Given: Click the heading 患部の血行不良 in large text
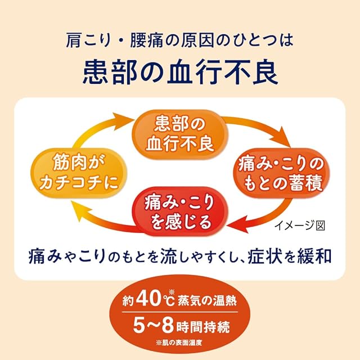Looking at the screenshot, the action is [x=179, y=71].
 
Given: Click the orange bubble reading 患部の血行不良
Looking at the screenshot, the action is [x=179, y=133].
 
